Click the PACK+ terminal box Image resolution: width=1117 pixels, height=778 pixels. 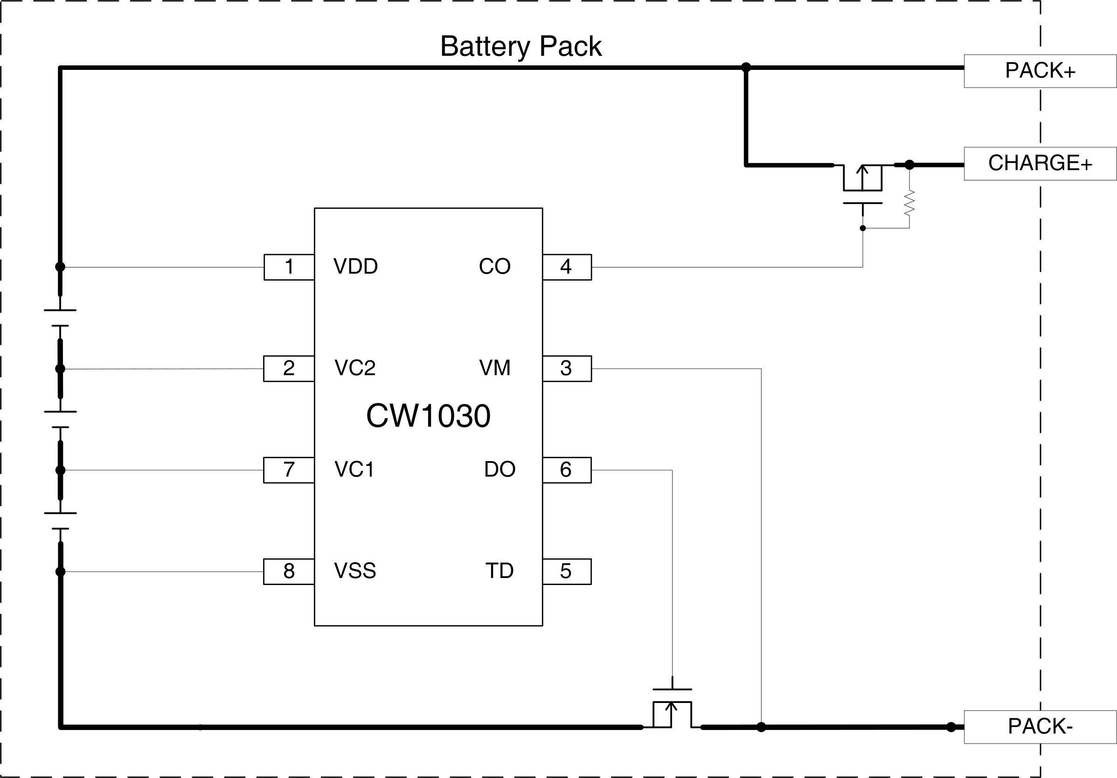pos(1040,71)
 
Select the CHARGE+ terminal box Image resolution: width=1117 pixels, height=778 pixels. pos(1040,163)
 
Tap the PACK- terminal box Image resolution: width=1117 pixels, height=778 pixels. pos(1040,726)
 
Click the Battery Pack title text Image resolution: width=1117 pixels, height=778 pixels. pos(520,47)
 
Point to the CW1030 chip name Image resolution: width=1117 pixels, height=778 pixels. pos(428,416)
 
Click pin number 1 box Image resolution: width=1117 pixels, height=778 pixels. pos(289,267)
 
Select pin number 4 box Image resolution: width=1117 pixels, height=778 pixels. pos(567,267)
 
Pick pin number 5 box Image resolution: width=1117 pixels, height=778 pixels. pos(567,571)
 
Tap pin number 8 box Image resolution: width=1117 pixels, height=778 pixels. pos(289,571)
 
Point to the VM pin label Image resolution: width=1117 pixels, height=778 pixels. pos(495,368)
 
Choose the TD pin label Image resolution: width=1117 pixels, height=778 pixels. pos(499,571)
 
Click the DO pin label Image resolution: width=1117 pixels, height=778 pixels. pos(500,469)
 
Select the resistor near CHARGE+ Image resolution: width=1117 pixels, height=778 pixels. pos(909,203)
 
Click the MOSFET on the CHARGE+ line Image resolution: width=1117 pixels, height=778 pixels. pos(862,185)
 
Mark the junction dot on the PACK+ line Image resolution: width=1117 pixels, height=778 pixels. pos(746,67)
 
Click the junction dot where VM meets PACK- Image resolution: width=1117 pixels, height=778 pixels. pos(761,727)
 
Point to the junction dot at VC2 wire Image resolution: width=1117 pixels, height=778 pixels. pos(60,369)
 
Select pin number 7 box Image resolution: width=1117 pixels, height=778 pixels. pos(289,470)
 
